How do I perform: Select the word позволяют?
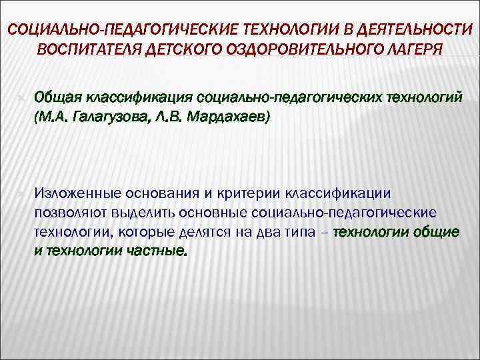point(69,213)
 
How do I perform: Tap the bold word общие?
point(436,233)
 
